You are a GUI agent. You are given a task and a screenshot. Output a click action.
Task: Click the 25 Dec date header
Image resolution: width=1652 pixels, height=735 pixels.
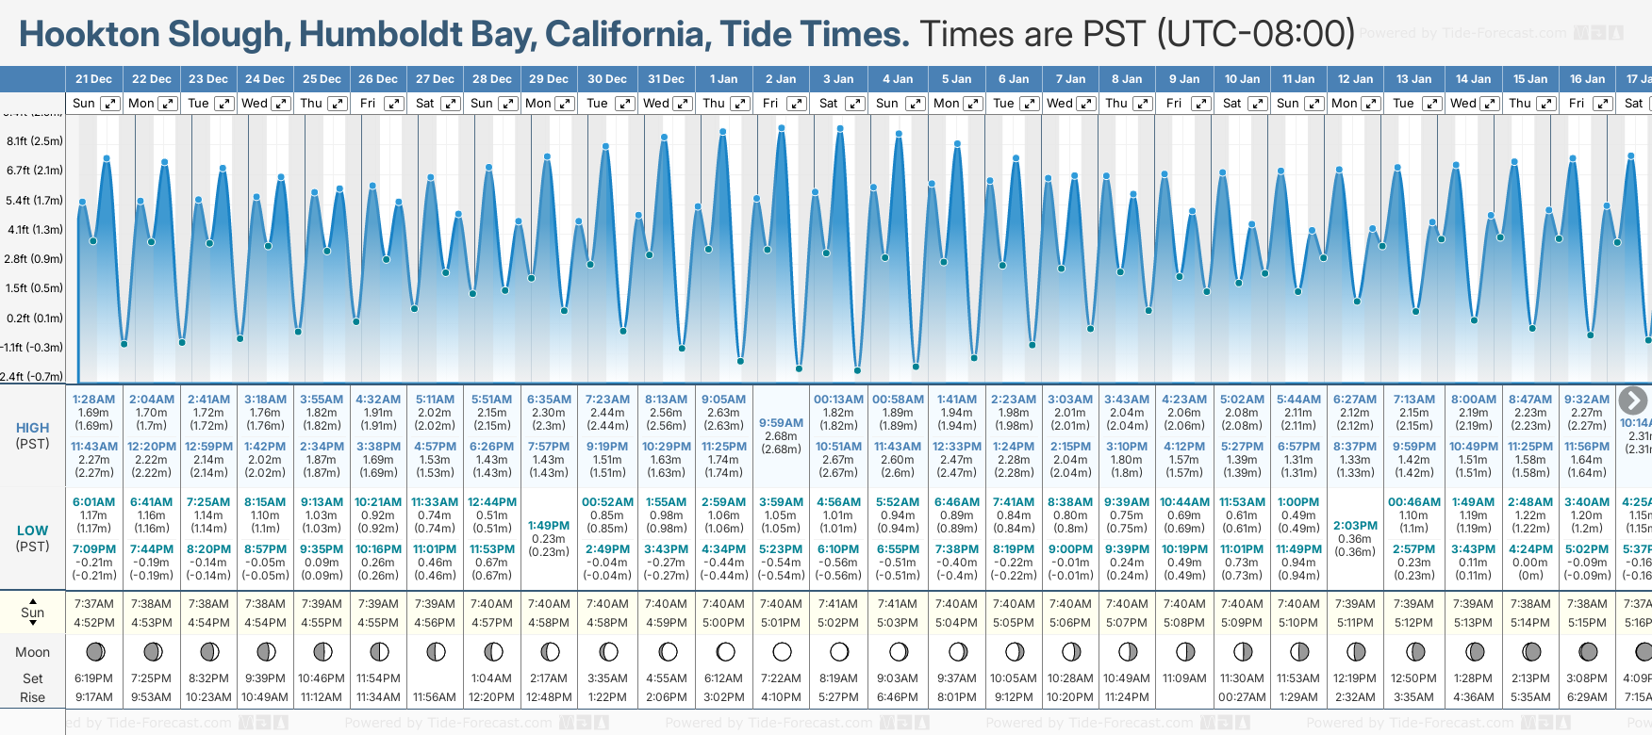(322, 79)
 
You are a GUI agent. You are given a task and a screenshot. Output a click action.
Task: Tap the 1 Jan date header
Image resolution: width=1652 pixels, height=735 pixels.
(723, 79)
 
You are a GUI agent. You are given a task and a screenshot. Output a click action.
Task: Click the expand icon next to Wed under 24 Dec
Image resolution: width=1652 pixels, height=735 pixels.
(281, 104)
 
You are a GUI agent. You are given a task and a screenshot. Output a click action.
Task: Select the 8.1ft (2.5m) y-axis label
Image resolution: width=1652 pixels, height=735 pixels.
(35, 141)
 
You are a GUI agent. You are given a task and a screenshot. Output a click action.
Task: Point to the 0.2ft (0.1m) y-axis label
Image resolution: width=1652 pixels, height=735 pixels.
(35, 318)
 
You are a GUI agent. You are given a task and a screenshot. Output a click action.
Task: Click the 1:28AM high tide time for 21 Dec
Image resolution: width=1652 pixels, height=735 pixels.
(93, 400)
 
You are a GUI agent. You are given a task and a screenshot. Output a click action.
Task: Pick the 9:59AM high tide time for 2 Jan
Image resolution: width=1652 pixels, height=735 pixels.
(781, 423)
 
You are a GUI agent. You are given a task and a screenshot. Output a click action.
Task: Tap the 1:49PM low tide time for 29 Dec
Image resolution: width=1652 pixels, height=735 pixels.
(549, 526)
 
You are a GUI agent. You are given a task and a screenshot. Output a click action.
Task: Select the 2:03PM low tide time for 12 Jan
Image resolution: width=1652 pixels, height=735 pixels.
(1355, 526)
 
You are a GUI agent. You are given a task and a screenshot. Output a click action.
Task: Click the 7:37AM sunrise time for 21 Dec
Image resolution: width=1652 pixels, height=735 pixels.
(93, 604)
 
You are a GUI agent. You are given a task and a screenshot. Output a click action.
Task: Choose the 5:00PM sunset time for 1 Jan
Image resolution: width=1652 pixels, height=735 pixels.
(723, 623)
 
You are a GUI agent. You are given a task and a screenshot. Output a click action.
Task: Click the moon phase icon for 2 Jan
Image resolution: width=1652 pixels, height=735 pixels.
(782, 652)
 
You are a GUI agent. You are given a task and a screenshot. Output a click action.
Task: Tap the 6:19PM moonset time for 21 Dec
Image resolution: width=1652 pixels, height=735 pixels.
(93, 678)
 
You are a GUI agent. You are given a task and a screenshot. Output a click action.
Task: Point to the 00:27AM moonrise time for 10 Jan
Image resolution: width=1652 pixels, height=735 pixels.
(1242, 697)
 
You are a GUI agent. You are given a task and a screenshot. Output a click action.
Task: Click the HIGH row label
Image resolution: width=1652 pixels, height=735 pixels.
(33, 428)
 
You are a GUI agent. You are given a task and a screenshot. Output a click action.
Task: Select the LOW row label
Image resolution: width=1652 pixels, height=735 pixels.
(33, 531)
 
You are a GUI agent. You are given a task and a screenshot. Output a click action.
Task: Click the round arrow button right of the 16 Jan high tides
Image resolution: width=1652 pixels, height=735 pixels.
(1632, 400)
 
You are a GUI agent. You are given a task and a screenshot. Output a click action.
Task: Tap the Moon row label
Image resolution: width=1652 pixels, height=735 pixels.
(33, 652)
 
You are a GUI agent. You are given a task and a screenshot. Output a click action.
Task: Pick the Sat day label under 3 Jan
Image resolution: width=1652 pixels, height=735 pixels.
(829, 104)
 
